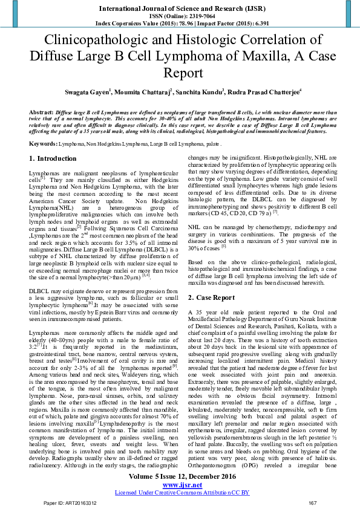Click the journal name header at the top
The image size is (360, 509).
coord(180,7)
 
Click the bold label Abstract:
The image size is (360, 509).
coord(41,113)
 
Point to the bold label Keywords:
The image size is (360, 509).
coord(43,144)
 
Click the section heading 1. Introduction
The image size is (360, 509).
coord(53,159)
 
